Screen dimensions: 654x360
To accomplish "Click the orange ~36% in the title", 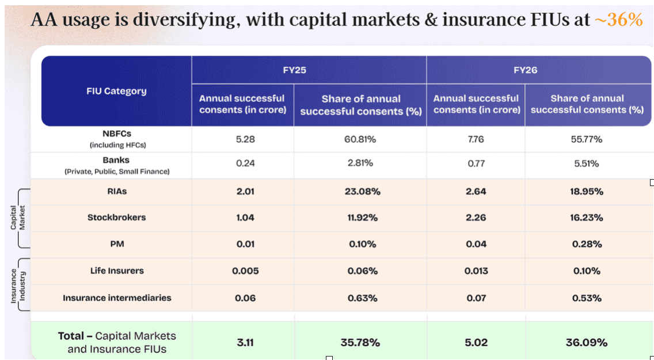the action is [618, 20].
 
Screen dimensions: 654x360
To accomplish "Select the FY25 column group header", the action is [294, 70].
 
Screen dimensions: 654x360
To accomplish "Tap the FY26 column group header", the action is [525, 70].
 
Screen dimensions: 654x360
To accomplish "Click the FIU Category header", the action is [116, 91].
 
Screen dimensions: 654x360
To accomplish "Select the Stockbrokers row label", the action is [117, 217].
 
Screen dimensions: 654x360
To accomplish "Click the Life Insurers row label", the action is [117, 271].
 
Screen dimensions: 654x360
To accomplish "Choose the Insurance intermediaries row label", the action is [117, 298].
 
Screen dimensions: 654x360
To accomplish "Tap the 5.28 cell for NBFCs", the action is [245, 139].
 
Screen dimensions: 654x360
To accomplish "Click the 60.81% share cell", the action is [360, 139].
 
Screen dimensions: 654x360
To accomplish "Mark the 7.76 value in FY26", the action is [476, 139].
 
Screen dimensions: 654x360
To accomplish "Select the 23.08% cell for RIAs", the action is [363, 191].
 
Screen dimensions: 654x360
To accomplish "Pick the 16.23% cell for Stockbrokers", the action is [587, 217].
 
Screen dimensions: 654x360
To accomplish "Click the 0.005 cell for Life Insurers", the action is [245, 271].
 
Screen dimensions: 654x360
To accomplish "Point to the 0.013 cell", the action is [476, 271].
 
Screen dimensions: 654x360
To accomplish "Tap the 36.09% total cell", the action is [587, 343].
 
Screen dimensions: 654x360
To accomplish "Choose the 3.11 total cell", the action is [245, 343].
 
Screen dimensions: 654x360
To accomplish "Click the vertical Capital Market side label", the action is [18, 217].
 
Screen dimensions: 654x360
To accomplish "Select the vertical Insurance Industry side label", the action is [18, 286].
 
